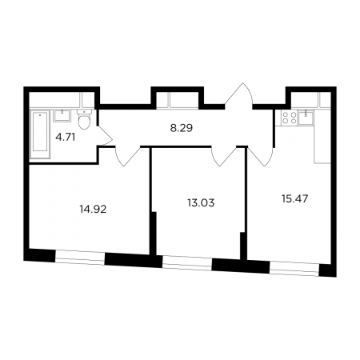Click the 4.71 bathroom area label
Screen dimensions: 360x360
click(x=66, y=138)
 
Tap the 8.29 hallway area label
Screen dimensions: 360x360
click(x=182, y=128)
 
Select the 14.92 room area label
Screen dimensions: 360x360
click(x=93, y=209)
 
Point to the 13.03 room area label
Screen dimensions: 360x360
click(x=201, y=203)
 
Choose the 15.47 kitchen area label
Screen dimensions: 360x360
click(x=295, y=198)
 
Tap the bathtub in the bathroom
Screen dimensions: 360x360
click(x=40, y=134)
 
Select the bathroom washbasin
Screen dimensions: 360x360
click(x=62, y=116)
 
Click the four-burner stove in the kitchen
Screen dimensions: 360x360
click(x=290, y=118)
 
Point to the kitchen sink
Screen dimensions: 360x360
click(x=306, y=118)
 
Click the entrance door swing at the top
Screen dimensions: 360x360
click(x=238, y=96)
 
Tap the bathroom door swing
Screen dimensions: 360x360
click(x=105, y=136)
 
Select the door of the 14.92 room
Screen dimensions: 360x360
click(x=127, y=156)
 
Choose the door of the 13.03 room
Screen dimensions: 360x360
click(x=224, y=156)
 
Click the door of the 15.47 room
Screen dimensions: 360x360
click(x=261, y=156)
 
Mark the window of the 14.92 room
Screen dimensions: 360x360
click(x=80, y=258)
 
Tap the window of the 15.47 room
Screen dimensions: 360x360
click(x=294, y=268)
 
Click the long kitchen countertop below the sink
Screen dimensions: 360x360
click(x=322, y=144)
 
